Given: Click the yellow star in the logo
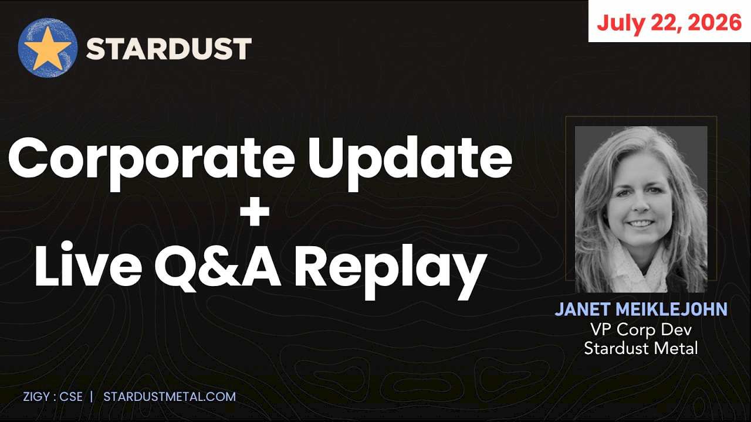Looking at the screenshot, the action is [48, 48].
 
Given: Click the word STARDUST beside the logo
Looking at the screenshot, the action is [168, 49].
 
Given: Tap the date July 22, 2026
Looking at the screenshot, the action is [669, 23].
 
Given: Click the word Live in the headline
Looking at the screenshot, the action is [89, 264].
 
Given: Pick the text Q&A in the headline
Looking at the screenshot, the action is [218, 267].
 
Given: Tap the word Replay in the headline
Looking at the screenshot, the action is [391, 270].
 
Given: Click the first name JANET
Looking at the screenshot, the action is [583, 309].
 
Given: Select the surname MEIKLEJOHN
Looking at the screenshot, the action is [671, 309].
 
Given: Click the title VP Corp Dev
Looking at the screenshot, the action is [641, 330].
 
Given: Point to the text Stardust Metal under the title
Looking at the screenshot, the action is [641, 348].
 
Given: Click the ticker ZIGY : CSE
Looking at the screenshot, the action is [53, 397].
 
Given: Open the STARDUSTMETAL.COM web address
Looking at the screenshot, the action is [170, 397].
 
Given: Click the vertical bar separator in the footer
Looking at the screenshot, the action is [92, 397].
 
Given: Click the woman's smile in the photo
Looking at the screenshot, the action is [640, 223].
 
